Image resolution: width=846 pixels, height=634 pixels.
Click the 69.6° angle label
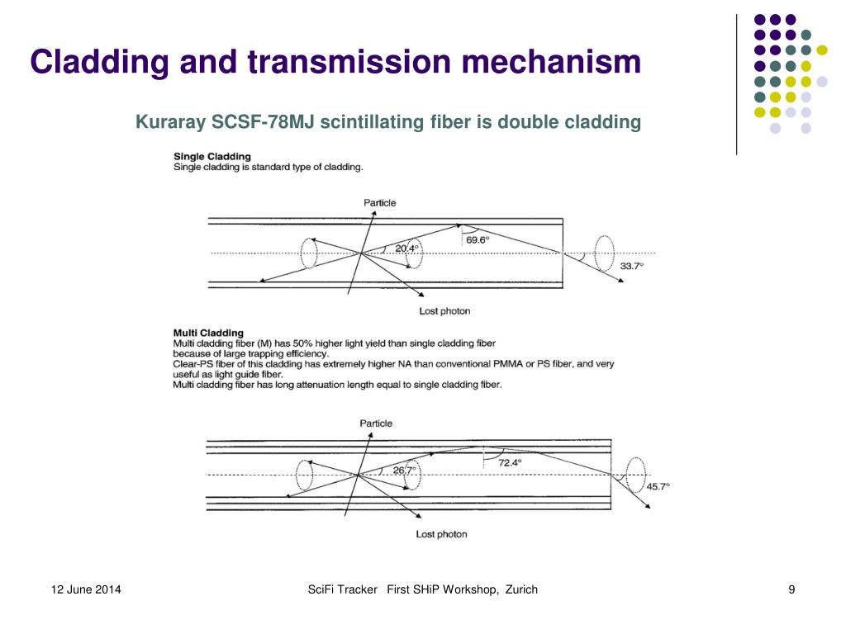pos(478,239)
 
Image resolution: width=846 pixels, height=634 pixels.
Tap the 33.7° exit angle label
pos(631,266)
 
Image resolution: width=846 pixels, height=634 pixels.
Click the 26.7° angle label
pos(404,470)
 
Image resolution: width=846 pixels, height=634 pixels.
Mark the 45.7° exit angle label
pos(658,486)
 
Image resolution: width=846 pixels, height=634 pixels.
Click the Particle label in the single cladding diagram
pos(379,203)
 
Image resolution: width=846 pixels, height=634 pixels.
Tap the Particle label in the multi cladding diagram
pos(376,423)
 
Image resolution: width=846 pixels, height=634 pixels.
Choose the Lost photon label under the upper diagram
pos(444,311)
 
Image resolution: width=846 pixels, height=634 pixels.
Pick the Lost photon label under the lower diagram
pos(441,534)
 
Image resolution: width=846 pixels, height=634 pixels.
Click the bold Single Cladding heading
pos(212,156)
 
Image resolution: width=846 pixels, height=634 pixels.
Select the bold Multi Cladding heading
pos(208,334)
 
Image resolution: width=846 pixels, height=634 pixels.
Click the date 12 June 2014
pos(86,589)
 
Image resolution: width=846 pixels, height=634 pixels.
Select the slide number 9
pos(791,589)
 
